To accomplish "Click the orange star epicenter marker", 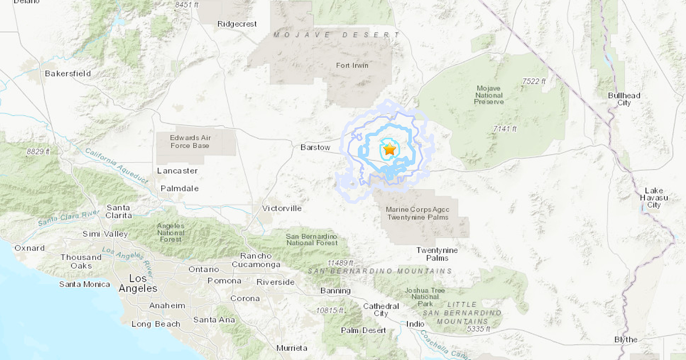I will (x=389, y=150).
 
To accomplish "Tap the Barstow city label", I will (x=316, y=147).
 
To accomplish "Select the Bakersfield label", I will (x=68, y=73).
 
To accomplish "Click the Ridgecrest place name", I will (x=237, y=24).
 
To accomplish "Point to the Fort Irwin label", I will (x=352, y=65).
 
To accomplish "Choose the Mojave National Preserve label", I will (x=489, y=95).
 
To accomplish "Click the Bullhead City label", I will (x=624, y=99).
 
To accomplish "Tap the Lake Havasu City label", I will (x=653, y=198).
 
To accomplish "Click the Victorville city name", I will (x=281, y=208).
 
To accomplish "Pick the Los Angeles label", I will (x=138, y=283).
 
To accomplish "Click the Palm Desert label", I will (x=363, y=330).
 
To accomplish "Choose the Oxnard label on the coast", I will (x=30, y=248).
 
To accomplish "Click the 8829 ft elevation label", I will (x=38, y=151).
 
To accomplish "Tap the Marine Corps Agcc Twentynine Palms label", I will (x=417, y=213).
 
